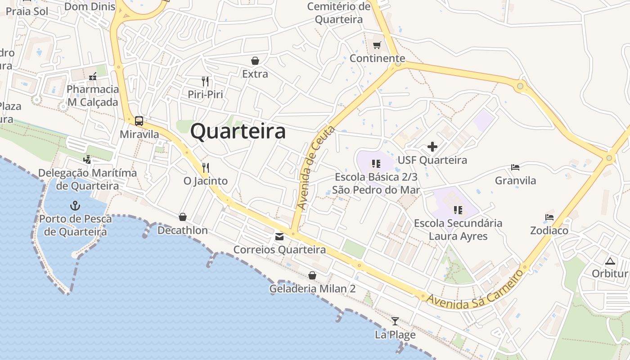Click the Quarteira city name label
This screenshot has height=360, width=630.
pos(238,131)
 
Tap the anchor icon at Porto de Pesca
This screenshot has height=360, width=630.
pos(75,206)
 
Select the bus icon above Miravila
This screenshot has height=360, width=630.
pos(139,121)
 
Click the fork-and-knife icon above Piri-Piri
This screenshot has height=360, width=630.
pos(205,81)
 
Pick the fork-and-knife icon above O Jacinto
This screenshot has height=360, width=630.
pos(205,168)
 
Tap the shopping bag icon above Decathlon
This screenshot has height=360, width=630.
pos(183,217)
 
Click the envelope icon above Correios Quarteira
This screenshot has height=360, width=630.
pos(279,237)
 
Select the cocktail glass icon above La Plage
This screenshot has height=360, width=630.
pos(395,321)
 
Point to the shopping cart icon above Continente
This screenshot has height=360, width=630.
pos(377,45)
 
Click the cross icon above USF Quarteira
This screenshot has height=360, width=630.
pos(432,147)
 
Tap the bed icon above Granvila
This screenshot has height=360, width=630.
pos(515,167)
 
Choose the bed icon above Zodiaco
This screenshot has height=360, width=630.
pos(549,217)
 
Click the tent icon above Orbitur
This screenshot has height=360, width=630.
pos(610,261)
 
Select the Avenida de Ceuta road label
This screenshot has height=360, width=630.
pos(316,168)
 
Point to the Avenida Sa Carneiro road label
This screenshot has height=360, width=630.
pos(476,289)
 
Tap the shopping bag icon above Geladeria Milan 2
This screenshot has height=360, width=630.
pos(312,275)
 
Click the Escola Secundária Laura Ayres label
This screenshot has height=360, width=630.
pos(458,229)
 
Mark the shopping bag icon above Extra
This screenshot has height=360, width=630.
pos(255,61)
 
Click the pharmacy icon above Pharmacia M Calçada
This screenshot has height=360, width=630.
pos(93,76)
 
